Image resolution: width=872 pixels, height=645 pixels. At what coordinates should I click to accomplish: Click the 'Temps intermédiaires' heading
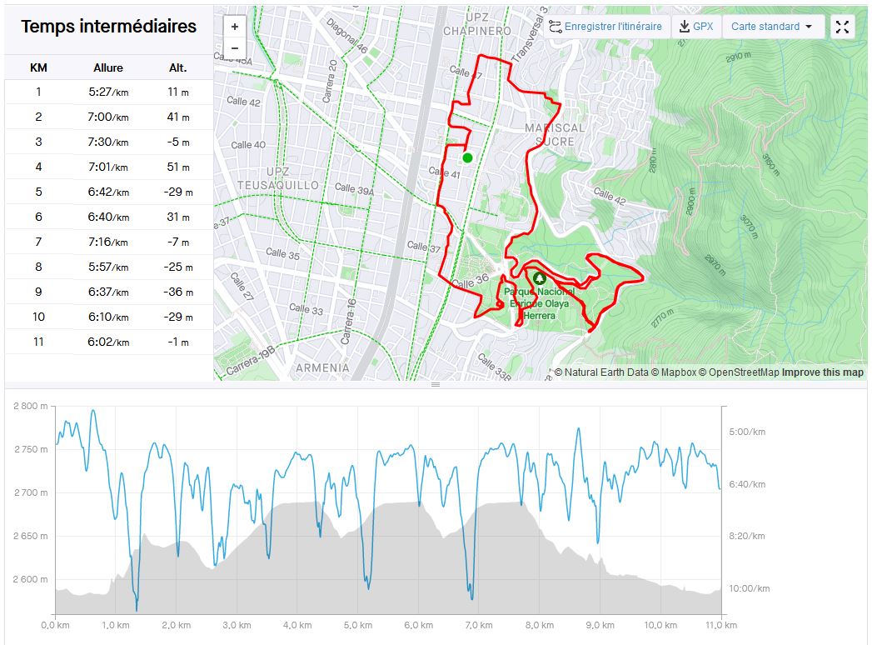pos(108,27)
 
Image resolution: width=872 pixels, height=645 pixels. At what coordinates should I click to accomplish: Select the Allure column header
pos(108,67)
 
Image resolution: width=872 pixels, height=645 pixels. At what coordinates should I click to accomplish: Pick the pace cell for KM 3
pos(108,142)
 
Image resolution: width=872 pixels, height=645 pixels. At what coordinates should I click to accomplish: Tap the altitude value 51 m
pos(178,167)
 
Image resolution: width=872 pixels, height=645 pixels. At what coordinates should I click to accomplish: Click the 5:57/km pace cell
pos(108,267)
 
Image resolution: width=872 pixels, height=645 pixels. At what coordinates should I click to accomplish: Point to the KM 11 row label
pos(38,342)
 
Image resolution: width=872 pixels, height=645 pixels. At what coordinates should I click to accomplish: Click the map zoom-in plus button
pos(235,27)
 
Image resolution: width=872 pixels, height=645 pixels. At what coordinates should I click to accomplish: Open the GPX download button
pos(696,27)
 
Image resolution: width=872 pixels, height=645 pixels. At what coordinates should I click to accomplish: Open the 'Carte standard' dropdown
pos(773,27)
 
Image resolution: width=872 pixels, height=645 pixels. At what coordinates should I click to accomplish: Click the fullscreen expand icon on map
pos(842,27)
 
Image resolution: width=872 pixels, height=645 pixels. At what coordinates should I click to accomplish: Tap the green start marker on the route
pos(467,157)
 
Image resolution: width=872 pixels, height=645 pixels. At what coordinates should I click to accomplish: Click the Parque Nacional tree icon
pos(540,278)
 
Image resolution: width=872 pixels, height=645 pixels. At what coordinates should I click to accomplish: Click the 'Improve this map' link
pos(822,372)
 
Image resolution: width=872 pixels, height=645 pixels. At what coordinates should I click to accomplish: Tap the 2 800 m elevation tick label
pos(31,407)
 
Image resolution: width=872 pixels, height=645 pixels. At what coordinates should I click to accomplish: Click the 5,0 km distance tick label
pos(356,625)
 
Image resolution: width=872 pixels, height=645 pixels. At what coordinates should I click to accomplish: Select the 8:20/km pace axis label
pos(746,537)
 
